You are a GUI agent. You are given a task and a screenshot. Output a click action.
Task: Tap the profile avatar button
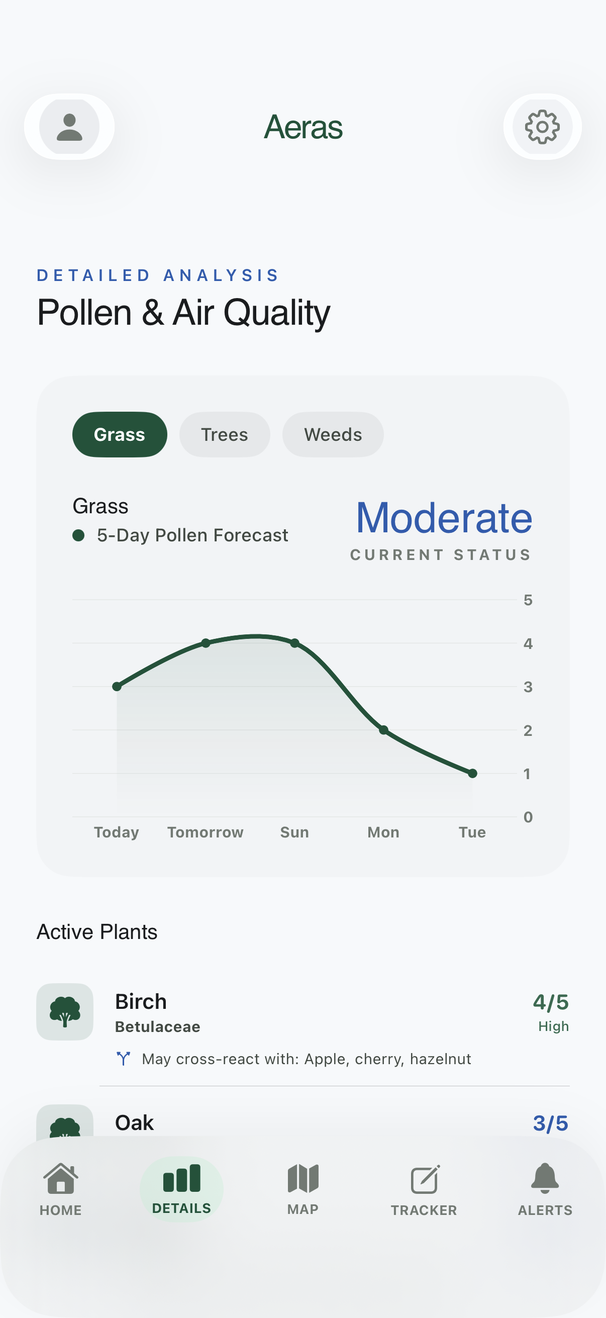69,127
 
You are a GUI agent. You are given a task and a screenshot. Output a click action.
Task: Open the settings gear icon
542,127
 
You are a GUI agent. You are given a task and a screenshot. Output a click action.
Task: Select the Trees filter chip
225,434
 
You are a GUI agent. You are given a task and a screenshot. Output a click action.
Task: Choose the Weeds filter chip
333,434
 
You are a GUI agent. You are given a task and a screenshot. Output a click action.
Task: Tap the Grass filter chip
120,434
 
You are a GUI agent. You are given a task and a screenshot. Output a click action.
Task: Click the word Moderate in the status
444,518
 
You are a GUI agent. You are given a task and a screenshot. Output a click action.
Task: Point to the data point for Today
117,686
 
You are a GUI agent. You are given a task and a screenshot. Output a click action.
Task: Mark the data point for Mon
383,729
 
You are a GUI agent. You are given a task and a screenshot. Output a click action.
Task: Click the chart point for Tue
472,773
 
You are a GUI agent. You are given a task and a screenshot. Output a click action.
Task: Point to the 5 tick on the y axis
528,600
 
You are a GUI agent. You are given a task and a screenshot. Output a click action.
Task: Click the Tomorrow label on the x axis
206,832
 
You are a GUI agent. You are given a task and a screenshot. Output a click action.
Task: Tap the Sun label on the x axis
294,832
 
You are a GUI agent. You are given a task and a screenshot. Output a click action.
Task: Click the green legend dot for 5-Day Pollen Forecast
78,535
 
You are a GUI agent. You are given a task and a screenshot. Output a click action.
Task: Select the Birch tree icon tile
65,1011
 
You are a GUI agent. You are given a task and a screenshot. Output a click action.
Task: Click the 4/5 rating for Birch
550,1002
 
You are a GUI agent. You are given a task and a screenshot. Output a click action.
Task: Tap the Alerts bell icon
545,1179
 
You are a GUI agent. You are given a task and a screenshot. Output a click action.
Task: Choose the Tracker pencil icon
425,1180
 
